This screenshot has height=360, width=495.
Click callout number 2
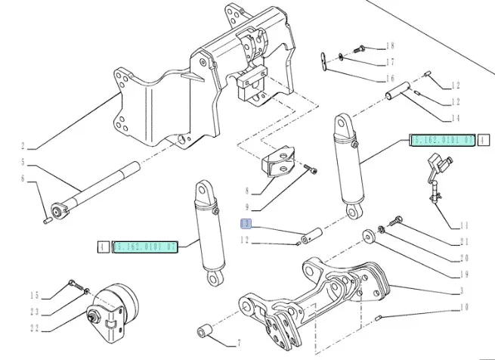pos(23,146)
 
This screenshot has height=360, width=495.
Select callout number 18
pos(391,47)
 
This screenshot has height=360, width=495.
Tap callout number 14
pos(455,118)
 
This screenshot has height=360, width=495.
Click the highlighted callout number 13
pos(245,224)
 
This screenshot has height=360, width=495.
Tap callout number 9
pos(246,205)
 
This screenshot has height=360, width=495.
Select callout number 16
pos(391,78)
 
